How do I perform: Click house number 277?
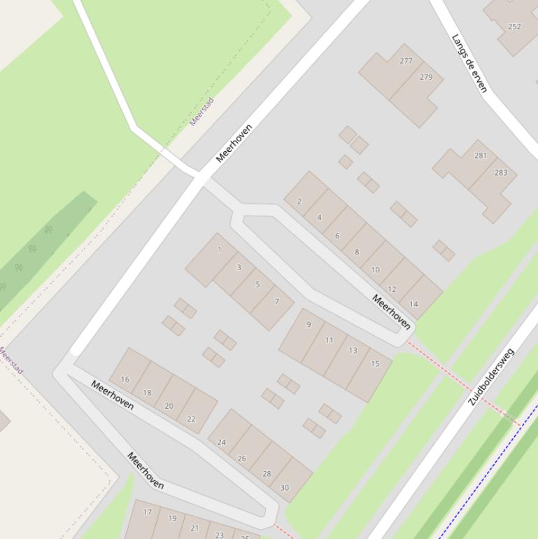coord(406,61)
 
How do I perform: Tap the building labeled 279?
coord(426,77)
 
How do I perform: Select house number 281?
coord(481,155)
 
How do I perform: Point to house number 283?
coord(501,172)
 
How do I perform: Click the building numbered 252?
coord(514,27)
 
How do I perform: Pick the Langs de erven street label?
coord(469,63)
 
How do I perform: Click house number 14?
coord(413,304)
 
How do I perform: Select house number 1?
coord(220,250)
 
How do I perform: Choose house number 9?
coord(309,325)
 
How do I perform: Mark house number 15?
coord(375,363)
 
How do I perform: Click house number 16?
coord(125,379)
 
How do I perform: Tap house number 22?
coord(191,419)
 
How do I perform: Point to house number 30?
coord(284,488)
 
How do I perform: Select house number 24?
coord(222,442)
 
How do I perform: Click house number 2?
coord(299,202)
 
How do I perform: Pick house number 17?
coord(148,512)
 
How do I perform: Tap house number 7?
coord(277,302)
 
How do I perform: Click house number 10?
coord(375,269)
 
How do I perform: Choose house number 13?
coord(353,351)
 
